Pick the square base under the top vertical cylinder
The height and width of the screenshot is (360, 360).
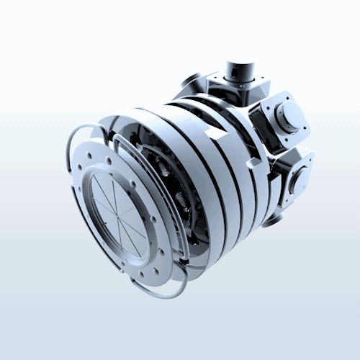click(238, 90)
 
